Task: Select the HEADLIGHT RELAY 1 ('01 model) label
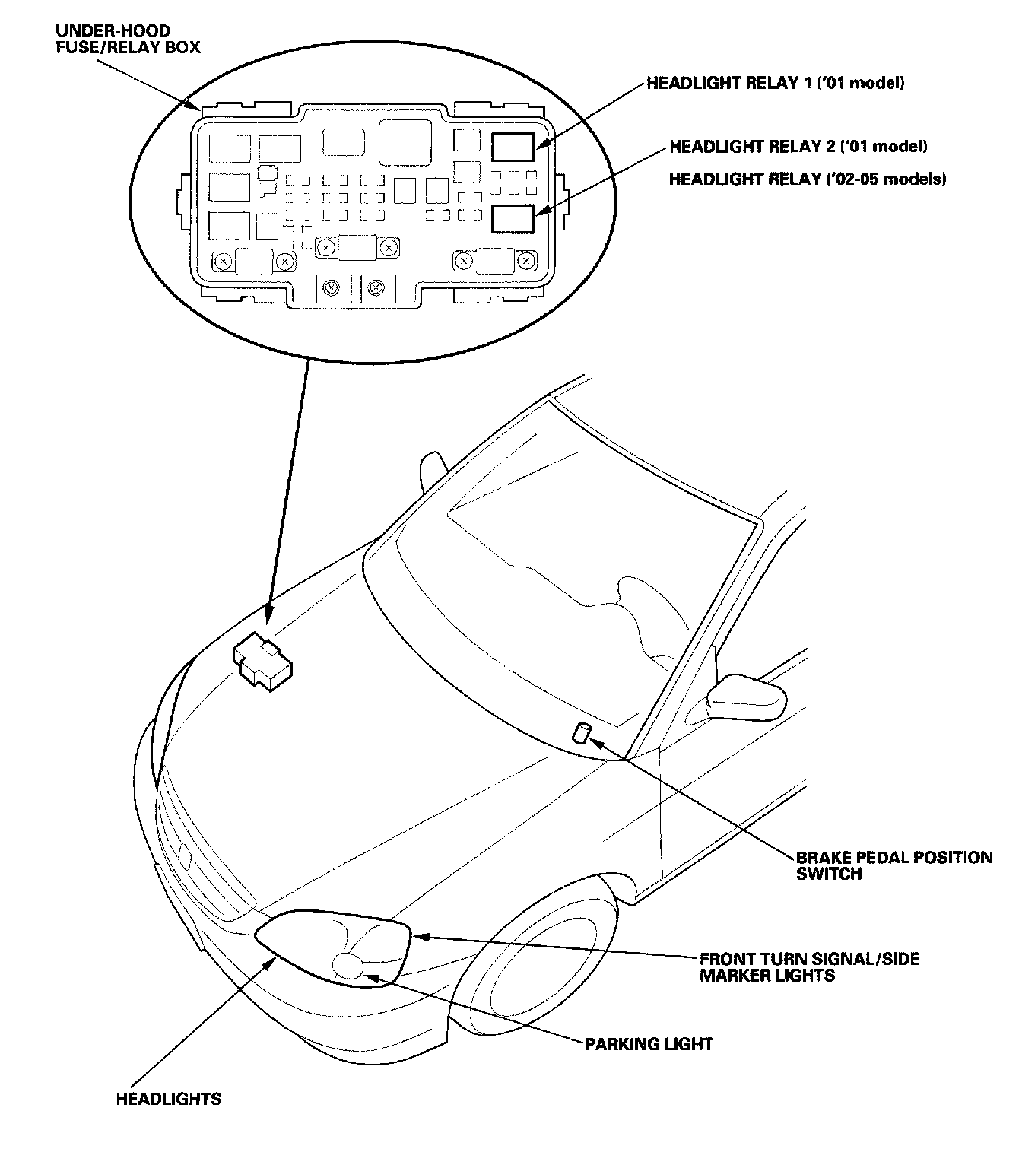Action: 775,83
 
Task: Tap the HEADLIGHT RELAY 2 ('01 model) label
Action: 798,146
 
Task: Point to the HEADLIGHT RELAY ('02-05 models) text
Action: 807,179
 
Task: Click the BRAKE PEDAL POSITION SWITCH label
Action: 893,865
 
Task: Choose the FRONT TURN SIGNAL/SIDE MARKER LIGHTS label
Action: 809,966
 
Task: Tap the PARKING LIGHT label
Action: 649,1044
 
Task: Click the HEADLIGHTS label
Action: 169,1099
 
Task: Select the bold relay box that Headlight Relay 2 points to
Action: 513,219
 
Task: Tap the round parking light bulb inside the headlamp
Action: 349,966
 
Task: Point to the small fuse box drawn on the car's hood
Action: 263,662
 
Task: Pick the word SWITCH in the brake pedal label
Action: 829,874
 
